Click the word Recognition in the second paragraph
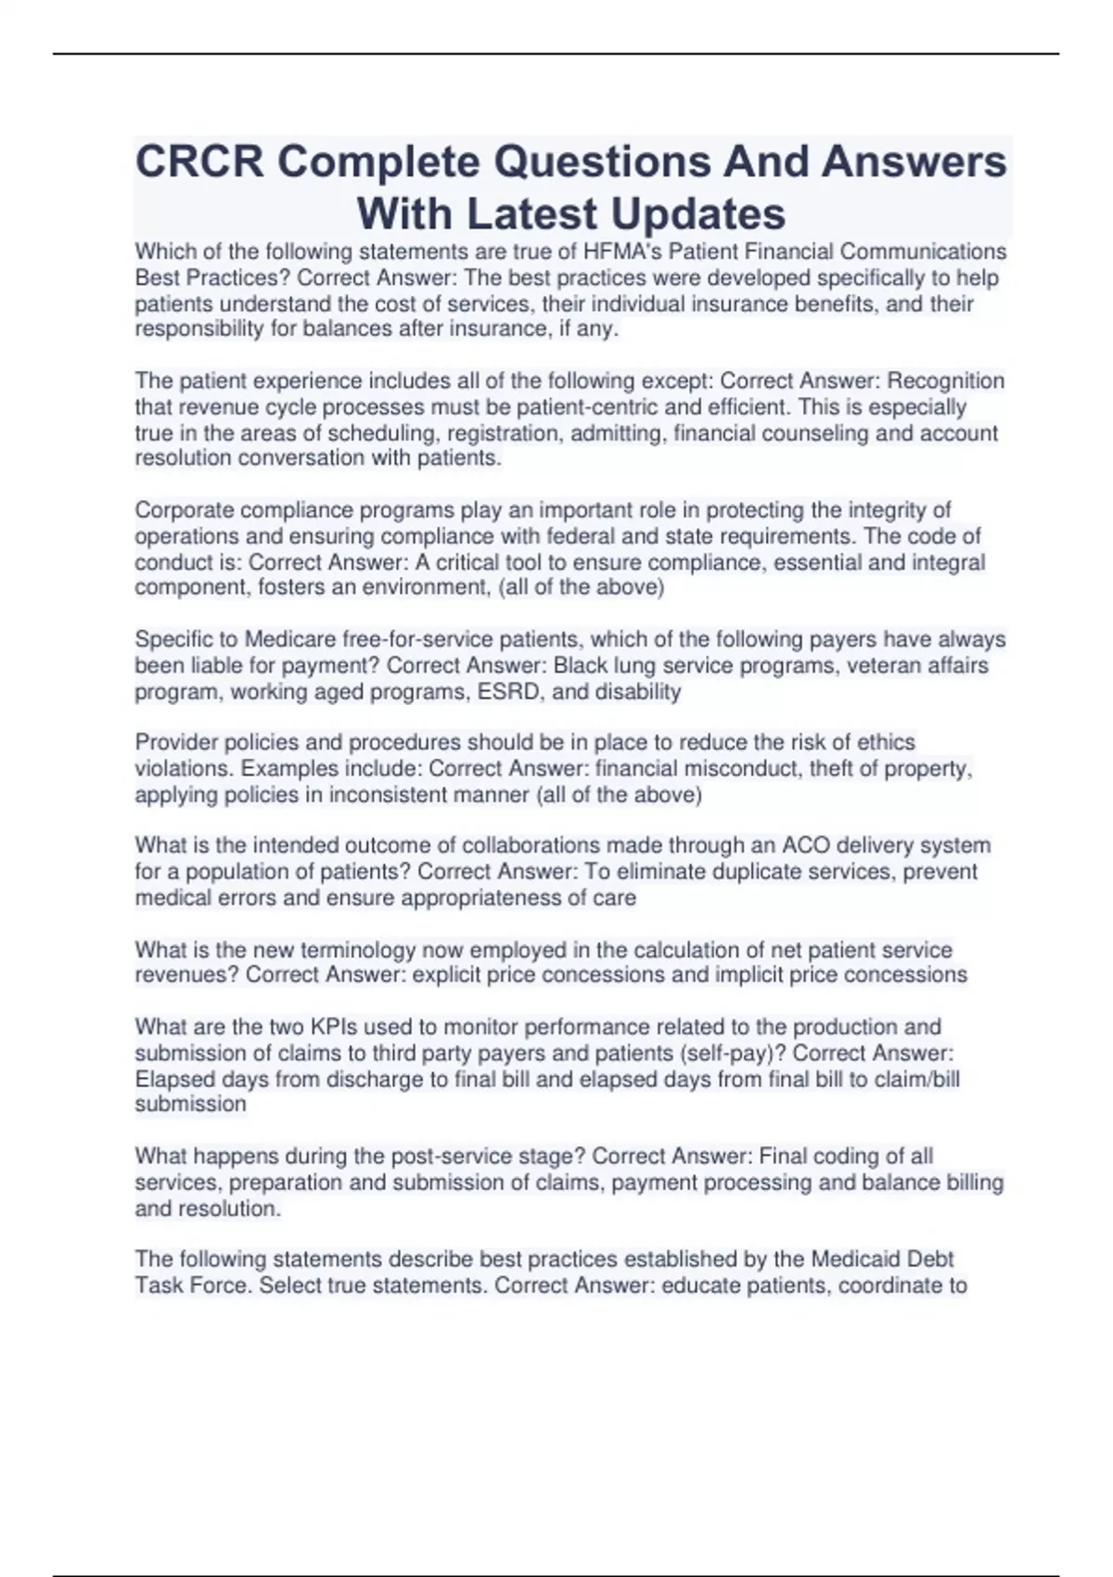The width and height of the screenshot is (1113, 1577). click(946, 381)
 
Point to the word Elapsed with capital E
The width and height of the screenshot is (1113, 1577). click(175, 1080)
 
